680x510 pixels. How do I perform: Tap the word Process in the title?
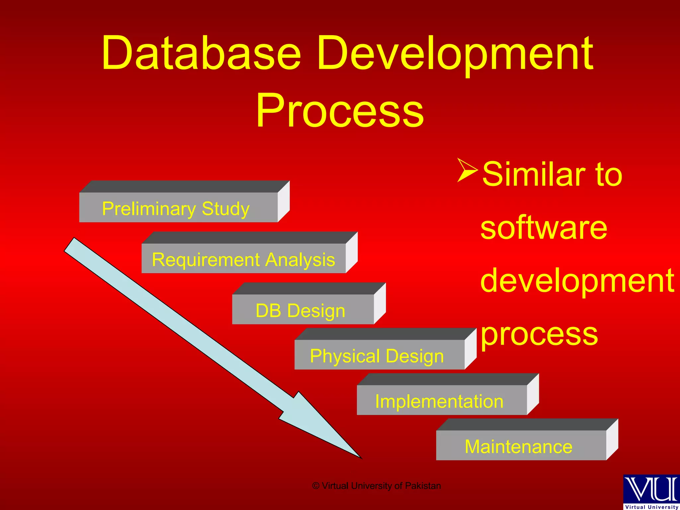[340, 111]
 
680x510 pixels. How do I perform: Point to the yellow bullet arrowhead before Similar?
[467, 170]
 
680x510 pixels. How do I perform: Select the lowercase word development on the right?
[577, 281]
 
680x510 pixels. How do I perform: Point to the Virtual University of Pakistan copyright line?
[377, 486]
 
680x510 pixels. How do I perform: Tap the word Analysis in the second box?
[300, 260]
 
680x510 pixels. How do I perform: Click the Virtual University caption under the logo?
[651, 507]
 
